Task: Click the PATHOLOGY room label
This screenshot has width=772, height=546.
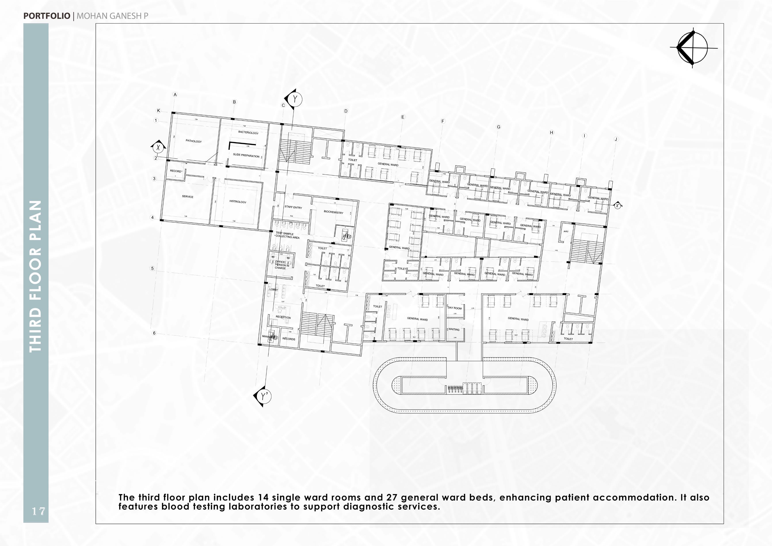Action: click(x=194, y=141)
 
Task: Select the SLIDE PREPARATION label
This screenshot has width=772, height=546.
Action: click(x=246, y=156)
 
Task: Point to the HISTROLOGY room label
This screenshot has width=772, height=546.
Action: click(x=238, y=202)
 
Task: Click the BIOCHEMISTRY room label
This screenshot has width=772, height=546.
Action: click(x=334, y=212)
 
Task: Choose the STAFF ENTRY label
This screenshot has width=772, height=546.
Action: click(x=293, y=207)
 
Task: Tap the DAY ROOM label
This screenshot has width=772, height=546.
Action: click(x=455, y=308)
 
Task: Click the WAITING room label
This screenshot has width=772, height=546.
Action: click(x=454, y=330)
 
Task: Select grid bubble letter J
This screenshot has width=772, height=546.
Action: click(x=616, y=139)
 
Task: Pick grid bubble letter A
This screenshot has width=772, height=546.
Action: click(x=175, y=95)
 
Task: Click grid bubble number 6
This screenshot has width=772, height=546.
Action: click(x=154, y=333)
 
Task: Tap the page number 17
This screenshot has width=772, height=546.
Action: click(x=38, y=511)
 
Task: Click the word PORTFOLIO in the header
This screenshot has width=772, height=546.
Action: click(x=47, y=16)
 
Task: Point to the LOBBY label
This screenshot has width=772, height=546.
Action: click(x=274, y=290)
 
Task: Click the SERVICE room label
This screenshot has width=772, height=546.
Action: click(x=188, y=197)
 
